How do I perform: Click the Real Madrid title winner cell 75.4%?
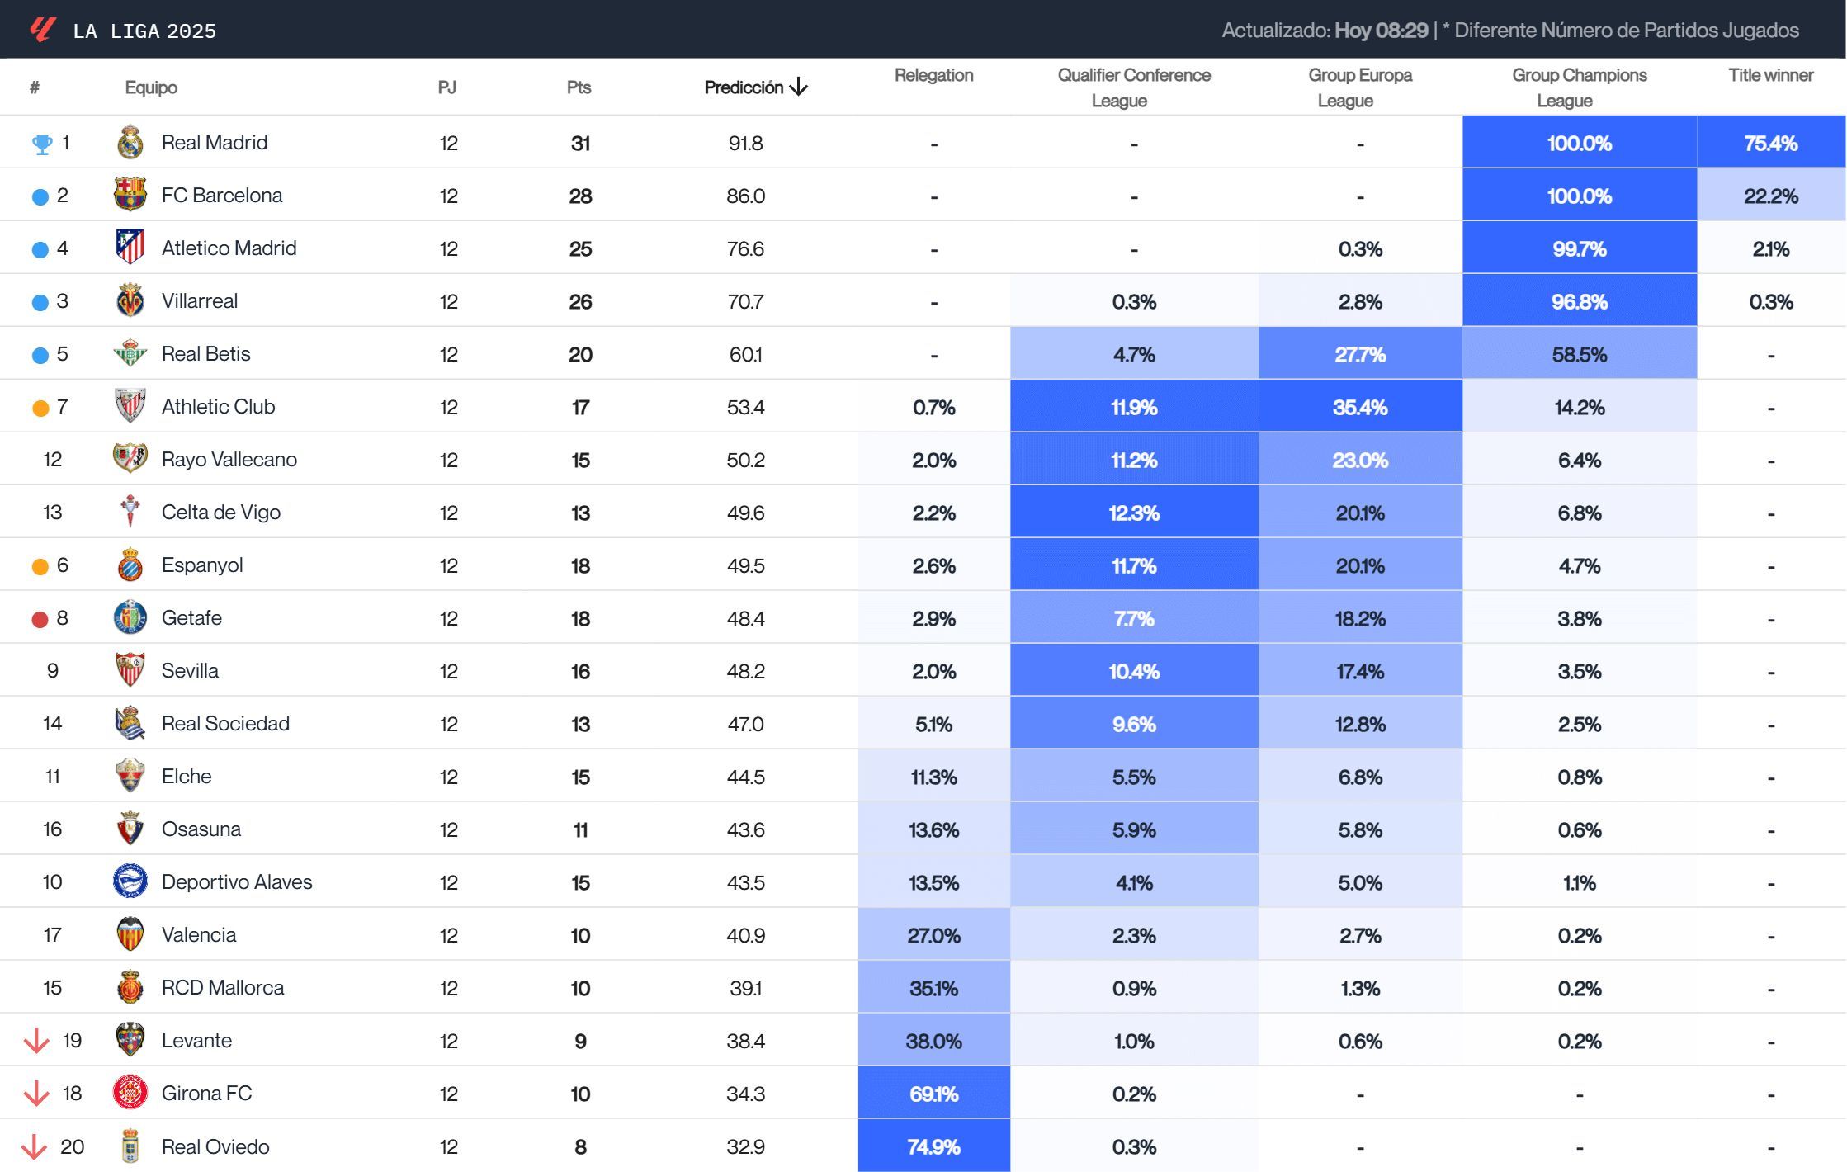click(1770, 143)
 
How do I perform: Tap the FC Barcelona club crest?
click(130, 195)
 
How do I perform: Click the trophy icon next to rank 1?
click(41, 144)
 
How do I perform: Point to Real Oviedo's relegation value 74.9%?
click(933, 1146)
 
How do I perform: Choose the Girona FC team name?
click(206, 1094)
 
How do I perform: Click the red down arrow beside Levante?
click(36, 1041)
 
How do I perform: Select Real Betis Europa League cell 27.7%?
click(1359, 354)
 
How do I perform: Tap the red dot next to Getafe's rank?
click(40, 619)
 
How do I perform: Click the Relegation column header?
click(933, 75)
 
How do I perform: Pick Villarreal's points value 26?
click(580, 301)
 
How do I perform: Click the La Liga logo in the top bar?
click(42, 31)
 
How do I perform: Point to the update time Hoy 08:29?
click(1381, 31)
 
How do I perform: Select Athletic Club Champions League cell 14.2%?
click(1579, 407)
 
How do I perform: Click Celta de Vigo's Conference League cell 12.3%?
click(1133, 513)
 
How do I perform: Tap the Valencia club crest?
click(130, 934)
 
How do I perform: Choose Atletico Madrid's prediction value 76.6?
click(745, 248)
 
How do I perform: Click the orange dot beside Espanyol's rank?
click(40, 566)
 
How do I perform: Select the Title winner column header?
click(1770, 75)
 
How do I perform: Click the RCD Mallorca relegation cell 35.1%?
click(933, 988)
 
